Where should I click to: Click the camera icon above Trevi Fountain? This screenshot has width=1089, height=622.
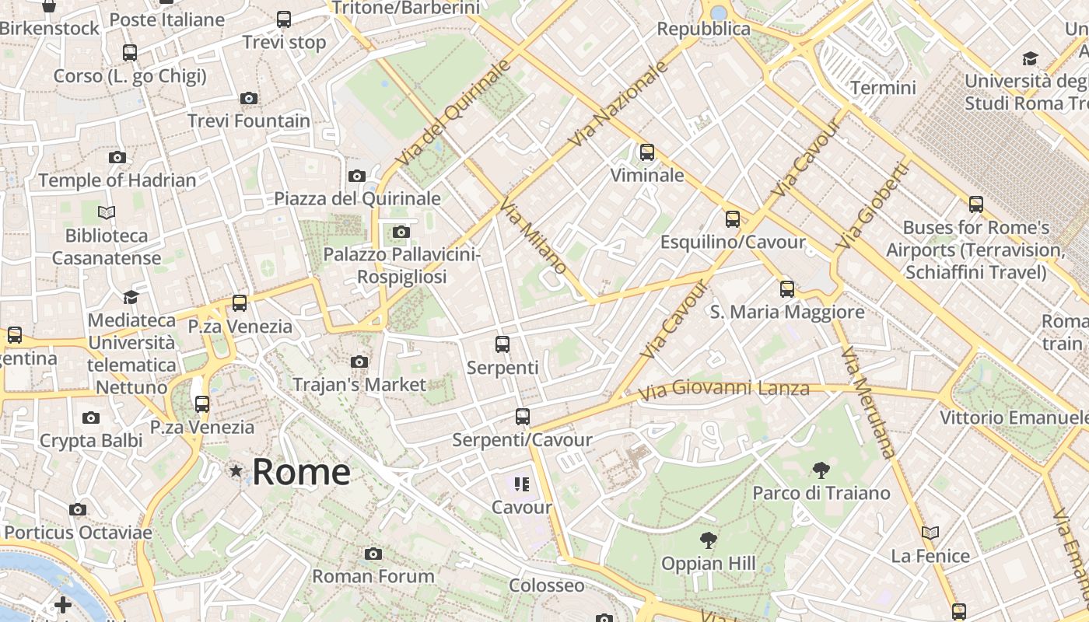click(249, 98)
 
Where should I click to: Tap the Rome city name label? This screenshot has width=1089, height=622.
click(301, 472)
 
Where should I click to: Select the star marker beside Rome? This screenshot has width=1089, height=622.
click(236, 471)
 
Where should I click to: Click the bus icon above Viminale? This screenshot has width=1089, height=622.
click(646, 152)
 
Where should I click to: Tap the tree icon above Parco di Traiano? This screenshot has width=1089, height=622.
click(821, 470)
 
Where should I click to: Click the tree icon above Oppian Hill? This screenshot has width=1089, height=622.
click(708, 540)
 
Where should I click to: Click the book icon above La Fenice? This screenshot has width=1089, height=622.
click(930, 533)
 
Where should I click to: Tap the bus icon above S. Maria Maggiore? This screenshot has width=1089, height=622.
click(787, 289)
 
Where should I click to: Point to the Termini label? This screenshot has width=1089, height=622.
click(883, 88)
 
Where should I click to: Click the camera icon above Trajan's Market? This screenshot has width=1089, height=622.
click(359, 362)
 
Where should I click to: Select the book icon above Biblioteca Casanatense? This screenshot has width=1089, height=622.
click(107, 212)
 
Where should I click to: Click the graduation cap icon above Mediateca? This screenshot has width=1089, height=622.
click(131, 298)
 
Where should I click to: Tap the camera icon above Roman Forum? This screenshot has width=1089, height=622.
click(373, 554)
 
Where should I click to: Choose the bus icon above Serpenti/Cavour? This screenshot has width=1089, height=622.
click(523, 417)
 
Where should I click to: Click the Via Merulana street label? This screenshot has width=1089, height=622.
click(868, 402)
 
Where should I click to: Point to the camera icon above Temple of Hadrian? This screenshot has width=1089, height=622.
click(117, 157)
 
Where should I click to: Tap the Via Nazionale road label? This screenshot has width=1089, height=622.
click(618, 104)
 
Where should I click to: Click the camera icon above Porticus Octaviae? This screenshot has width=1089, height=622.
click(78, 510)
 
